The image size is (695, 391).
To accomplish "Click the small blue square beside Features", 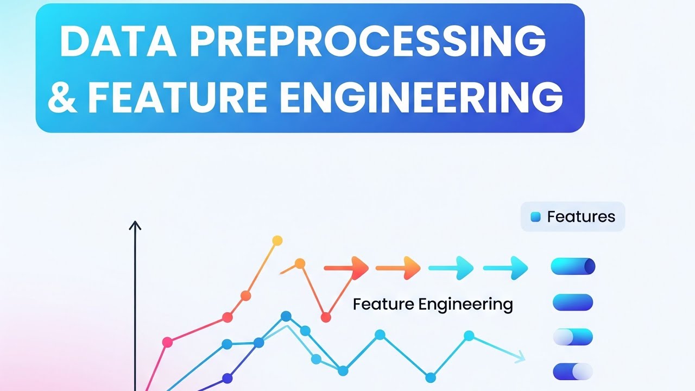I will [535, 217].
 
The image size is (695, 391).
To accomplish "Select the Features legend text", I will [581, 217].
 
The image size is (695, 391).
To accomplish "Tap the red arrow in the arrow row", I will [347, 268].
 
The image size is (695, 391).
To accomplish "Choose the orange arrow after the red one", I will [399, 268].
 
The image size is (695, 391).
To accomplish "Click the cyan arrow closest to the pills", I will [506, 268].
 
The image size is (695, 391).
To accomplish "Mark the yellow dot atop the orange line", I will [277, 241].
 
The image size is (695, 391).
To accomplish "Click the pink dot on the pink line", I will [167, 342].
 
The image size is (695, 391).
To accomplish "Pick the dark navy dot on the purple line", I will [228, 378].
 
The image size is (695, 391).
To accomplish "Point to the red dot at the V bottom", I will [326, 317].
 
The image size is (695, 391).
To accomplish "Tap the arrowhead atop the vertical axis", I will [135, 225].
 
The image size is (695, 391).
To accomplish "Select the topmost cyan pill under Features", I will [573, 267].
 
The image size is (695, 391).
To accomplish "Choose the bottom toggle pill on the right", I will [573, 371].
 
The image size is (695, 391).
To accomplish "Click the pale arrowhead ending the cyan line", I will [520, 357].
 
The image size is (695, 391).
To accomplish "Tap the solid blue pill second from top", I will [573, 302].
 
